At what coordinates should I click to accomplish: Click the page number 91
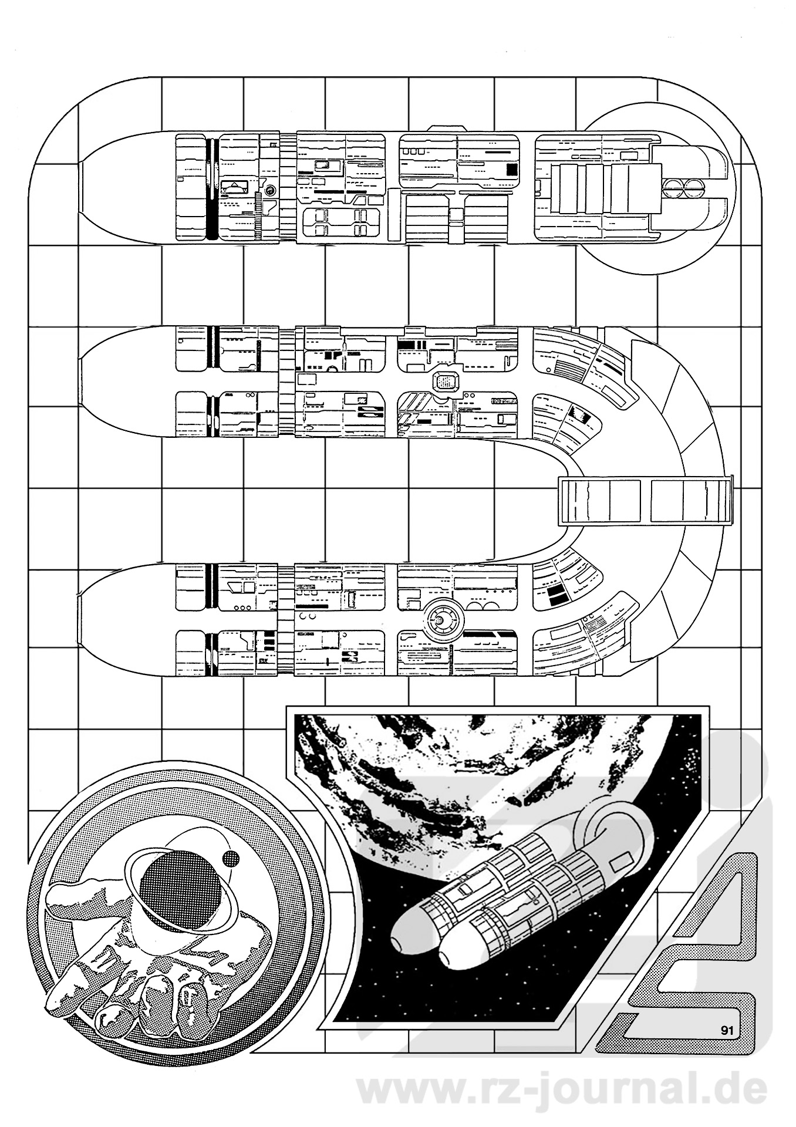727,1028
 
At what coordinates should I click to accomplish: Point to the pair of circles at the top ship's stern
682,188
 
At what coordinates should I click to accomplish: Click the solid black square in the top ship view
512,170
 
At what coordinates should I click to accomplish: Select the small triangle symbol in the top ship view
235,187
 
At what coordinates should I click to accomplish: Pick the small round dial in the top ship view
271,190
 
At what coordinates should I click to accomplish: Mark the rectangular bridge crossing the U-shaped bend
645,501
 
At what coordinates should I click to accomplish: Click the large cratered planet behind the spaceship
499,763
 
